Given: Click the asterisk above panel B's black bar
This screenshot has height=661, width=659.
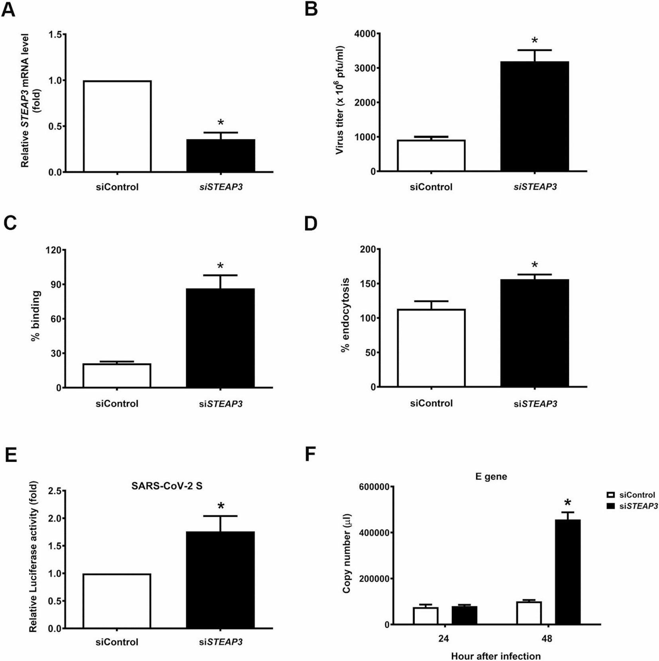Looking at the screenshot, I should (535, 41).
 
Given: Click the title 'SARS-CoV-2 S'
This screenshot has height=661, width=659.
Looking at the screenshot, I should (167, 486).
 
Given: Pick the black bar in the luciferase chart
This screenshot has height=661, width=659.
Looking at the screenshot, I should (220, 580).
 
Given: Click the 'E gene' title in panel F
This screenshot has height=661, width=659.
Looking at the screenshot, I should (491, 477).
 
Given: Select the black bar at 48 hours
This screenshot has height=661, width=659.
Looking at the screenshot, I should (567, 572).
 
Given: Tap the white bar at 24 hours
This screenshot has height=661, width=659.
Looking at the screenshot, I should (426, 616).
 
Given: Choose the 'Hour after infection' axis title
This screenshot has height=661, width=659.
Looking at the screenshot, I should (496, 656).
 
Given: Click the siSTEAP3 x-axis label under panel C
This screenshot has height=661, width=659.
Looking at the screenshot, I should (220, 404).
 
